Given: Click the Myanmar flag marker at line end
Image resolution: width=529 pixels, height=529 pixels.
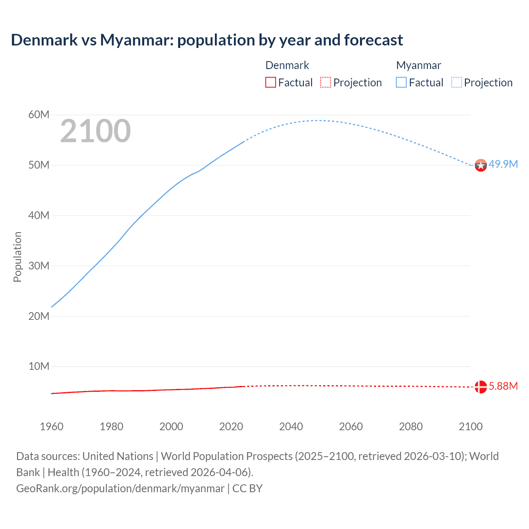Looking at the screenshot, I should (481, 165).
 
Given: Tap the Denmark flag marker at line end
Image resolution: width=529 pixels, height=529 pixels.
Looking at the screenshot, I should (481, 387).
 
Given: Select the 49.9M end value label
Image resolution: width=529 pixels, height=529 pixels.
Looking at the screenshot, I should (503, 164).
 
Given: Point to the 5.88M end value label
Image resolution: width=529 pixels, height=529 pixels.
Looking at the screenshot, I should (503, 386).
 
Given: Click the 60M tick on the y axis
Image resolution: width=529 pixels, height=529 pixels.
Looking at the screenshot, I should (39, 114).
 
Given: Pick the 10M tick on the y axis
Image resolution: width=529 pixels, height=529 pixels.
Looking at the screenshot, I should (39, 366).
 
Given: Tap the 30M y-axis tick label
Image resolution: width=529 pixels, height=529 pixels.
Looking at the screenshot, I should (39, 266).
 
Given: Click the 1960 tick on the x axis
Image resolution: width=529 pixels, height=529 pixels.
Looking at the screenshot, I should (52, 427).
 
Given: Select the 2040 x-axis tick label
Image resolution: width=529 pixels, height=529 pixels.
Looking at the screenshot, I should (291, 427).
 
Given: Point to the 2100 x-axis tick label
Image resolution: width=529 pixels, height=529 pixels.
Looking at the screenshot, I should (470, 427).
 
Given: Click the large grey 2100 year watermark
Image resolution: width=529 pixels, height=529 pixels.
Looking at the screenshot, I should (95, 131).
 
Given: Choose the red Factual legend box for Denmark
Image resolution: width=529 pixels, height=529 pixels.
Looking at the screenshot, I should (271, 82).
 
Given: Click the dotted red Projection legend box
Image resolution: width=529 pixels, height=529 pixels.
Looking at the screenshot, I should (326, 82).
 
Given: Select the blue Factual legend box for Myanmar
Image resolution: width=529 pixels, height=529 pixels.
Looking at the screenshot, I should (401, 82).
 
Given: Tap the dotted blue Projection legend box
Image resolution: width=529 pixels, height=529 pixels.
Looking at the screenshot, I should (457, 82).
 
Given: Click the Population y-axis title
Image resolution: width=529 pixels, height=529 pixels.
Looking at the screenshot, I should (17, 257).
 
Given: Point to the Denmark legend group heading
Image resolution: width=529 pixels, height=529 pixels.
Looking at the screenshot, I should (287, 65).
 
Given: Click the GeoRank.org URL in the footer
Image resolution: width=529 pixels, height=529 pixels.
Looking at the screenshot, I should (120, 488).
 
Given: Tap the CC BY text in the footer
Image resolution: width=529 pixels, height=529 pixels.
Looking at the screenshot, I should (247, 488).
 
